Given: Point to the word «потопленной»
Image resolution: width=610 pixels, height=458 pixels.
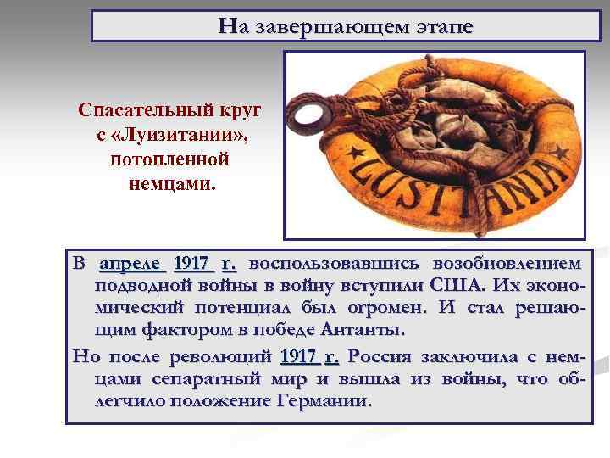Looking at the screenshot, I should pos(169,158).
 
